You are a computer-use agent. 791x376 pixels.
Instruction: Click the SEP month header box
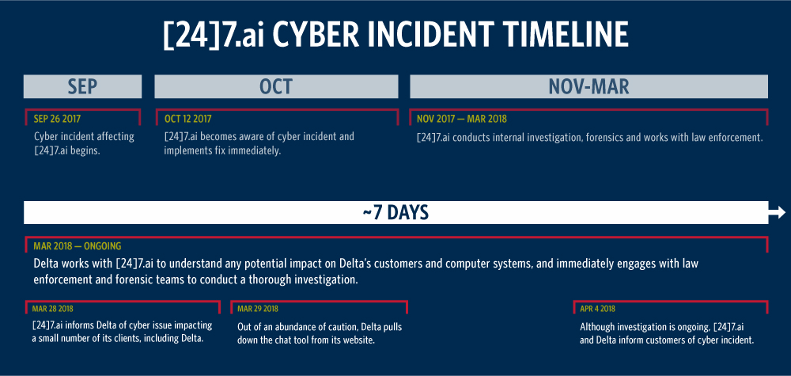tap(83, 86)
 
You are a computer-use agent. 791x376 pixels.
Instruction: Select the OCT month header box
tap(276, 86)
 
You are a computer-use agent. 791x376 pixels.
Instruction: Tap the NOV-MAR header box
tap(589, 86)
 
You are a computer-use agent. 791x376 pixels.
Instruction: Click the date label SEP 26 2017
tap(57, 119)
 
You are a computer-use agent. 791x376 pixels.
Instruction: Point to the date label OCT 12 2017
tap(187, 119)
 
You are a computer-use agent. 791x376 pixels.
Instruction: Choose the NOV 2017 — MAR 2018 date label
tap(462, 119)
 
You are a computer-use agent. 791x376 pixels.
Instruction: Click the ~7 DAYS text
tap(395, 213)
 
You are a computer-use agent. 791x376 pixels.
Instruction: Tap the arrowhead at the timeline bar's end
tap(778, 213)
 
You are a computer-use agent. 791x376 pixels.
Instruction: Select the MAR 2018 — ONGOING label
tap(78, 246)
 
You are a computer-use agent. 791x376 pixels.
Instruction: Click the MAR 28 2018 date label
tap(53, 309)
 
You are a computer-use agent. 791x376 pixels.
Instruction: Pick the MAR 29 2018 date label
tap(258, 309)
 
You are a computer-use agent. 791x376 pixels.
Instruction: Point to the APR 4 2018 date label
tap(598, 309)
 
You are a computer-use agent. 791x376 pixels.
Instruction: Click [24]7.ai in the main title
tap(215, 36)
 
